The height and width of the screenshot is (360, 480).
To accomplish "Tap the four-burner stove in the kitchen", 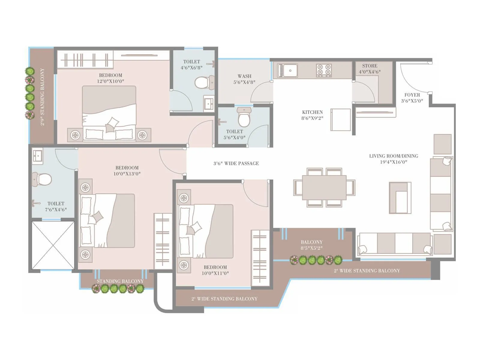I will click(324, 70).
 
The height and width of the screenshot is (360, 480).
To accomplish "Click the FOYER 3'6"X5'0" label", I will click(412, 98).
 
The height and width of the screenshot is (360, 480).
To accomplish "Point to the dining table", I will click(324, 187).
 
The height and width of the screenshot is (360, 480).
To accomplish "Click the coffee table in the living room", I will click(400, 198).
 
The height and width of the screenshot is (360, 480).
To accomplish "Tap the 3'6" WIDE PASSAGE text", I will click(236, 163).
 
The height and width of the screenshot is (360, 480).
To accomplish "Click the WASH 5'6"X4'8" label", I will click(244, 79).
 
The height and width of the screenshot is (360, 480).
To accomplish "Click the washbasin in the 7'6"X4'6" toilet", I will click(37, 156).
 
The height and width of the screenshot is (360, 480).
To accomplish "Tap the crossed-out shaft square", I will click(53, 245).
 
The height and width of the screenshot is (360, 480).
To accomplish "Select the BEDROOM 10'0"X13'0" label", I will click(127, 171).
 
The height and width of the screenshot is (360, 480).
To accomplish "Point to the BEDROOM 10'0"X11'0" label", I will click(215, 270).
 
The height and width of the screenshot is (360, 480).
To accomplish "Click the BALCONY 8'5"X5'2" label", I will click(312, 245).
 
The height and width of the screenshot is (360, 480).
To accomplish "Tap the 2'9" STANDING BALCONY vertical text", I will click(42, 97).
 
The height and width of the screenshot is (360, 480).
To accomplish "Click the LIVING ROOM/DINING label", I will click(394, 159).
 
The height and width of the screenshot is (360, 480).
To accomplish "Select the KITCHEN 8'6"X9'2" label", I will click(312, 115).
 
